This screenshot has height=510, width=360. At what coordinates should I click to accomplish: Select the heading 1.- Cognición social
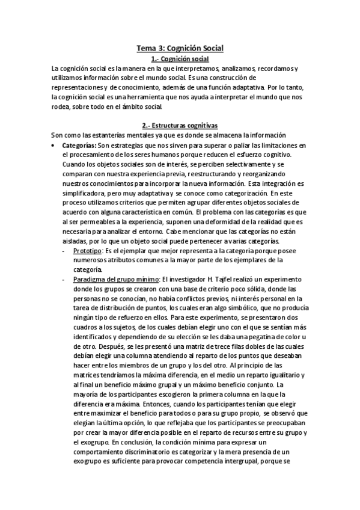tap(180, 58)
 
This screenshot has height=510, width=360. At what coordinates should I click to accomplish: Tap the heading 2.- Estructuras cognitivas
tap(180, 125)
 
